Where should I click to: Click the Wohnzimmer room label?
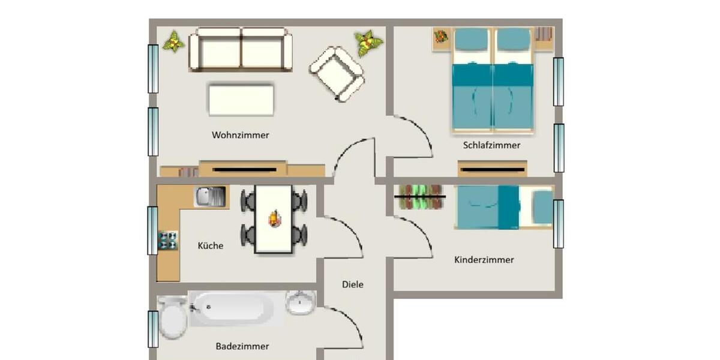(240, 135)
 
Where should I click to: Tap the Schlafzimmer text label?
(491, 145)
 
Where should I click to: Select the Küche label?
(211, 245)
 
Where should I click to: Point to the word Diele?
(353, 284)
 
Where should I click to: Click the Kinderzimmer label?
(484, 260)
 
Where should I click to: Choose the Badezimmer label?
(242, 346)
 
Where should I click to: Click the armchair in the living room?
(337, 73)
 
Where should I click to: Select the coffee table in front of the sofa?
(241, 100)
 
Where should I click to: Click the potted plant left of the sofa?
(173, 41)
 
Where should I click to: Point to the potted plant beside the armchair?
(368, 43)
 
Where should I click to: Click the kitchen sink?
(211, 196)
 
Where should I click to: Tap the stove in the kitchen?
(168, 241)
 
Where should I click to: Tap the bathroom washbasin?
(300, 303)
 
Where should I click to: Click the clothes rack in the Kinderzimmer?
(420, 197)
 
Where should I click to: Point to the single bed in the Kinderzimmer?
(504, 207)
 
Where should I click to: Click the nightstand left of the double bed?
(441, 38)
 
